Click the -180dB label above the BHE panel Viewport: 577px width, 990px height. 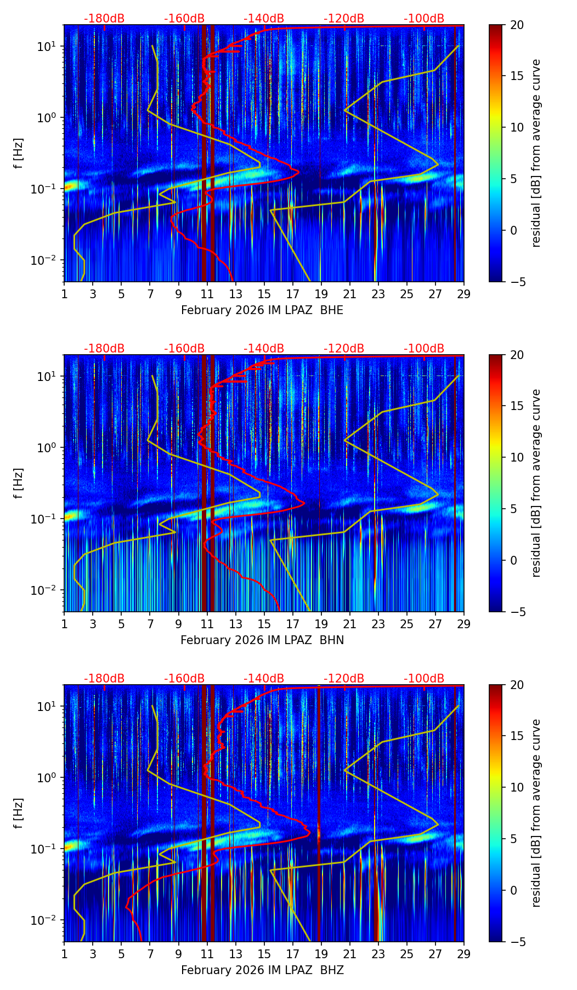pos(104,19)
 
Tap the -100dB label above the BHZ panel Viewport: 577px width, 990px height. pos(424,679)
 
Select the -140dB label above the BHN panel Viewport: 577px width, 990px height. pos(264,349)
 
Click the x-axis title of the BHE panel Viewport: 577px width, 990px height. pos(262,310)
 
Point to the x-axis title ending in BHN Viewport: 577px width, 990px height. pos(262,640)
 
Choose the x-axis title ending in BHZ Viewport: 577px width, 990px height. pos(262,970)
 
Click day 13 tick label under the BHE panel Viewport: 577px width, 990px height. pos(236,294)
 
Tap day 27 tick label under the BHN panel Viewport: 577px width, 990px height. pos(435,624)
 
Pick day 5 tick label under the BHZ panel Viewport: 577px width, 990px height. pos(121,954)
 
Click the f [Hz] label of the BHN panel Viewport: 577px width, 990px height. pos(19,483)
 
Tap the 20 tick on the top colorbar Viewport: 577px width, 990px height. pos(517,25)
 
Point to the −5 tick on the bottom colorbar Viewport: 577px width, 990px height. pos(513,942)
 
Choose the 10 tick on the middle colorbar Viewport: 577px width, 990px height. pos(517,457)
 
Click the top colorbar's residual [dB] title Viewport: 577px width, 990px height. pos(536,153)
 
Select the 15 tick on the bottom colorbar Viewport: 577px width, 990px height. pos(517,736)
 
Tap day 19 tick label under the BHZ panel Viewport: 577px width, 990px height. pos(321,954)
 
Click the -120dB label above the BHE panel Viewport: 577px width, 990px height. pos(344,19)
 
